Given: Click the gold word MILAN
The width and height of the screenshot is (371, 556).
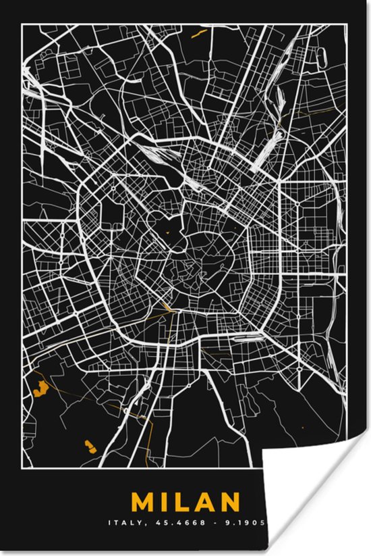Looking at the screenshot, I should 185,502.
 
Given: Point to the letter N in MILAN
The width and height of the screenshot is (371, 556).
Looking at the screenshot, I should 229,502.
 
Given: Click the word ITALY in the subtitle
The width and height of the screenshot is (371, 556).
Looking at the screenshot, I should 123,522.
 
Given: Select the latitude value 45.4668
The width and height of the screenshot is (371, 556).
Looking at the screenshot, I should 177,522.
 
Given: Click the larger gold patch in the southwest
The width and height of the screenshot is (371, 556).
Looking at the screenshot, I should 39,388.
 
